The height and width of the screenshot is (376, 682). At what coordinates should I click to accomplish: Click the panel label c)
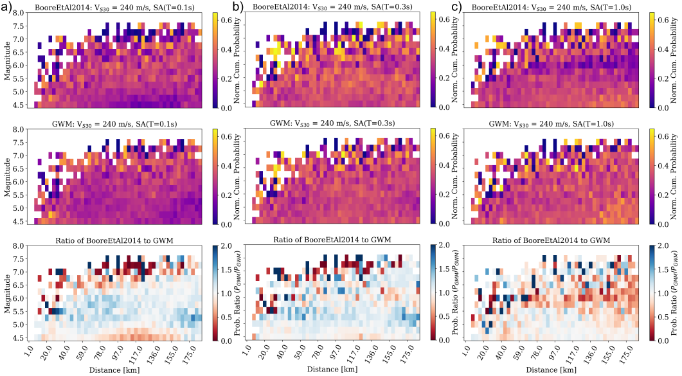[x=458, y=7]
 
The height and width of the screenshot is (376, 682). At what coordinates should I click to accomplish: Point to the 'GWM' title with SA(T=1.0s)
[x=557, y=123]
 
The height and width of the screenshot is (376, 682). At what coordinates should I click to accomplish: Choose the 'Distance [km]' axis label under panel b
[x=338, y=371]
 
